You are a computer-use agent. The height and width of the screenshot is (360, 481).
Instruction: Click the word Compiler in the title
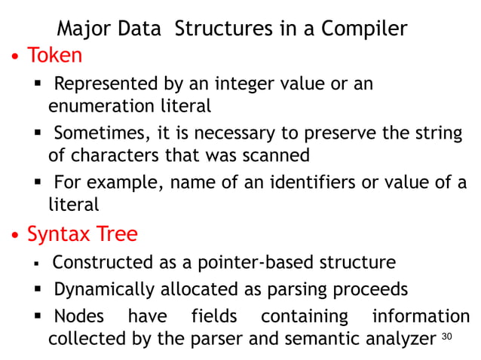click(364, 29)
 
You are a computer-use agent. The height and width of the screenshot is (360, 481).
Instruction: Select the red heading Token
click(55, 56)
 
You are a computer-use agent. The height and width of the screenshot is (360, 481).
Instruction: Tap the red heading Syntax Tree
click(82, 234)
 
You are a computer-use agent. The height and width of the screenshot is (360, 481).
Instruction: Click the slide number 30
click(446, 336)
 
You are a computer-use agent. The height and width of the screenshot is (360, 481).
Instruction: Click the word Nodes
click(79, 316)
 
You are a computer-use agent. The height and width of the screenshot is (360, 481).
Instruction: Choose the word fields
click(214, 316)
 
